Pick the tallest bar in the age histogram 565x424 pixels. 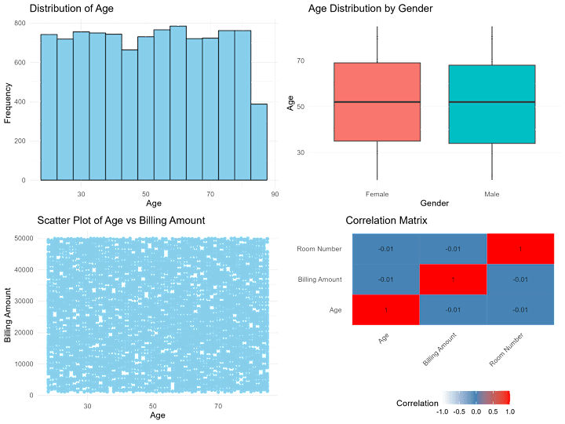pyautogui.click(x=178, y=103)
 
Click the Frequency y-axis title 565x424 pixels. pyautogui.click(x=8, y=103)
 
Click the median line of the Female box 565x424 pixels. pyautogui.click(x=377, y=102)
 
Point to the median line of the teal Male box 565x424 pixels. pyautogui.click(x=492, y=102)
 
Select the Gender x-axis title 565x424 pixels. pyautogui.click(x=435, y=203)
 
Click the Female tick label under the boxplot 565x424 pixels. pyautogui.click(x=377, y=192)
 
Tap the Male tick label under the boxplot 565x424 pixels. pyautogui.click(x=492, y=192)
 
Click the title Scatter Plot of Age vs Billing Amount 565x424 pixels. pyautogui.click(x=121, y=221)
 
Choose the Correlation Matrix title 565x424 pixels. pyautogui.click(x=386, y=221)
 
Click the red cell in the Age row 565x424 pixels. pyautogui.click(x=385, y=310)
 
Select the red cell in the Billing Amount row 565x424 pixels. pyautogui.click(x=453, y=280)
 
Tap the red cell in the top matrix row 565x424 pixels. pyautogui.click(x=521, y=249)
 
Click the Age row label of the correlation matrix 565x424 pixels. pyautogui.click(x=335, y=310)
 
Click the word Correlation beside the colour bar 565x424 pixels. pyautogui.click(x=417, y=403)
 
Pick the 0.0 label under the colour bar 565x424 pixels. pyautogui.click(x=476, y=411)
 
